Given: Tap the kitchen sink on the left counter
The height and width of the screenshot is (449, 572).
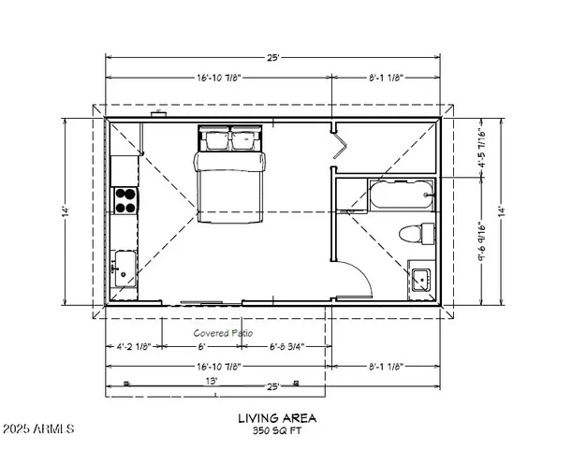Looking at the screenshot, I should coord(124,267).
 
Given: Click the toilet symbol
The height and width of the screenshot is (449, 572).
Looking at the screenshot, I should coord(418,233).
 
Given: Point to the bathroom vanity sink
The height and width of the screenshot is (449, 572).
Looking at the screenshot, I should coord(420,279).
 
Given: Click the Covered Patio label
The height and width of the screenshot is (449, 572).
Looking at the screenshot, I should coord(224,333).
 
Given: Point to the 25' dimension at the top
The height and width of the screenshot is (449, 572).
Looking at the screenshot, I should coord(272,58).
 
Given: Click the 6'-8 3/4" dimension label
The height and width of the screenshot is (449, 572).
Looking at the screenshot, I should coord(286,346).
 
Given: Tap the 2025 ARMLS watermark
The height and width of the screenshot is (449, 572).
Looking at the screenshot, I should coord(38,429).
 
